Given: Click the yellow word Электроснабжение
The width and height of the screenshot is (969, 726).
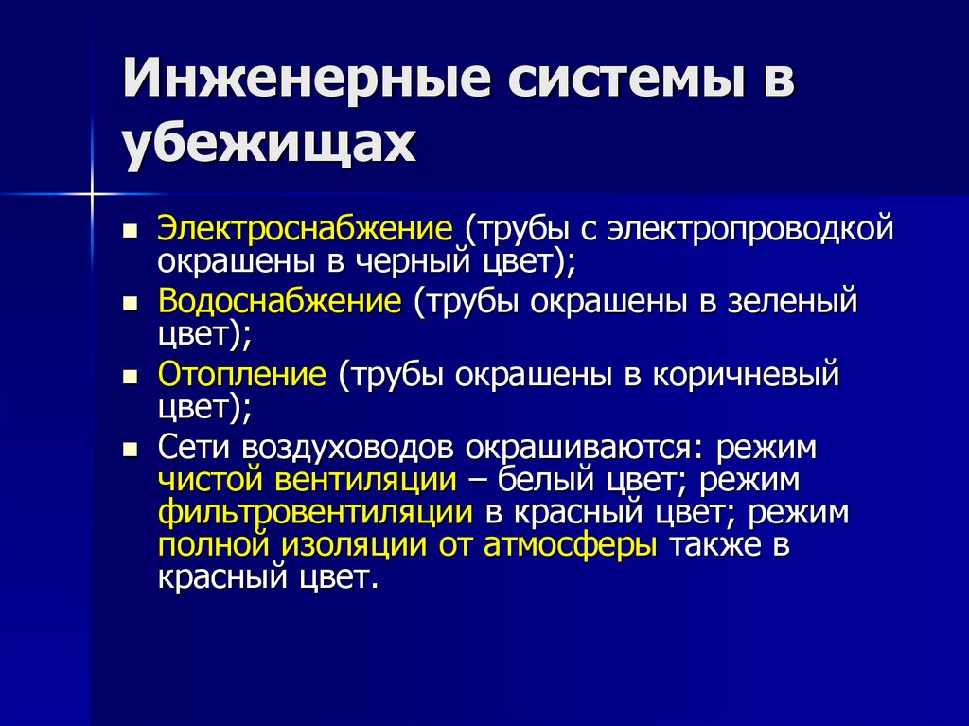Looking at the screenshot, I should point(306,230).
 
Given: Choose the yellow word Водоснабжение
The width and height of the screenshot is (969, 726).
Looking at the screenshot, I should point(280,303).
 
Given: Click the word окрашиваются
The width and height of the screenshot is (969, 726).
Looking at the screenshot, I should point(584,448).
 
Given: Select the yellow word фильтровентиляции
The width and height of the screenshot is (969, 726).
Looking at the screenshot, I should point(315,512).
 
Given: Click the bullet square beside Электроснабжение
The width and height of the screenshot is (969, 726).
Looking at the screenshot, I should point(131,231).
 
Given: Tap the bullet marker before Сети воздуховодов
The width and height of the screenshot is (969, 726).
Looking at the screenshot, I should point(131,449).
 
